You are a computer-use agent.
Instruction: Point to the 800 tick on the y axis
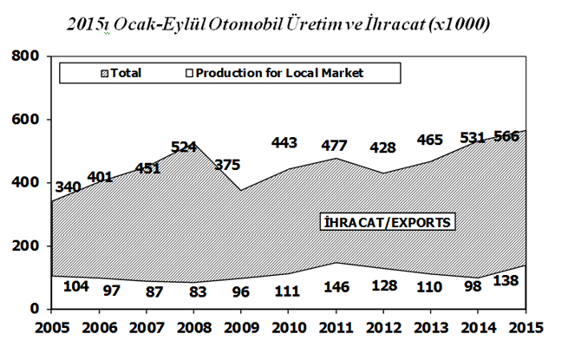28,56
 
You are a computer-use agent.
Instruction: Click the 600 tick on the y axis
28,120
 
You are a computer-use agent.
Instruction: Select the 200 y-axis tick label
28,246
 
